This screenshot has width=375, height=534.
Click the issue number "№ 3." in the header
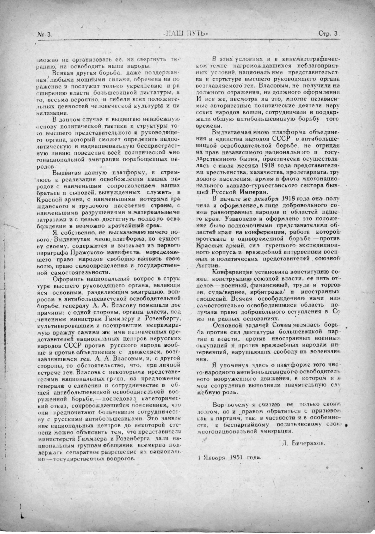point(45,34)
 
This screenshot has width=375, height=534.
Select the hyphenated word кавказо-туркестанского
point(262,186)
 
